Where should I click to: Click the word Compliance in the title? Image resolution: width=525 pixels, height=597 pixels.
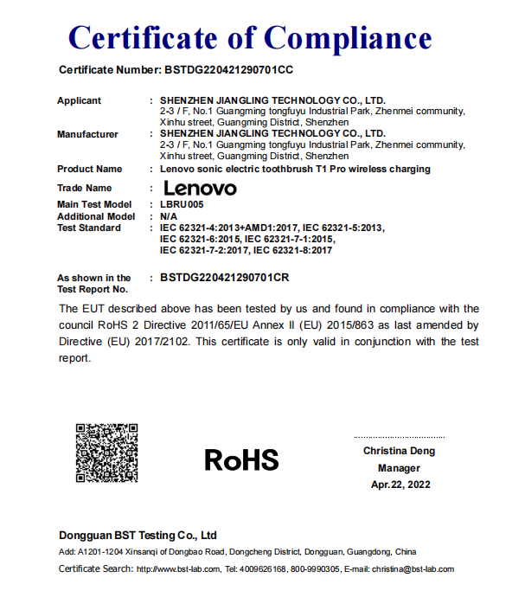click(348, 37)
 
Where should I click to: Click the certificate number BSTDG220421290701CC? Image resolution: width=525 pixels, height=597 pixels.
click(233, 69)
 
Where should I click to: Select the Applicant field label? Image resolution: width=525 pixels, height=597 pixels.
click(79, 100)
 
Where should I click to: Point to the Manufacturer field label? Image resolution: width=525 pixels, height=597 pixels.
click(87, 134)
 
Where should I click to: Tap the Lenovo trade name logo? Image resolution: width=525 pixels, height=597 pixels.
click(199, 187)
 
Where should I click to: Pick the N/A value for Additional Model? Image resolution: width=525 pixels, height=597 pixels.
click(170, 216)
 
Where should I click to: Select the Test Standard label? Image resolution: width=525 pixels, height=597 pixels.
click(88, 228)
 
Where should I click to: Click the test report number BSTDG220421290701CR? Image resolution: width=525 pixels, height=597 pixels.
click(225, 278)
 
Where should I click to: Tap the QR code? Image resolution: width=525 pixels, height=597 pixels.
click(106, 452)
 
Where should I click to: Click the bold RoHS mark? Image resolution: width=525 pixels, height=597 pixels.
click(241, 459)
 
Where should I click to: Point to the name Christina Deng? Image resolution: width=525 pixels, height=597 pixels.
click(399, 451)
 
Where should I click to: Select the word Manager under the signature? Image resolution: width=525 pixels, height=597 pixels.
click(399, 468)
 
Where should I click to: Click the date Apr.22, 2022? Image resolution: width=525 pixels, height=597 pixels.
click(400, 485)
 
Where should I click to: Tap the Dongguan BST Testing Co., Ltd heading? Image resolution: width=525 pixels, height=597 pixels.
click(138, 536)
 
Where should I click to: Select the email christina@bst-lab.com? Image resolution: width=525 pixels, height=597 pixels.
click(412, 568)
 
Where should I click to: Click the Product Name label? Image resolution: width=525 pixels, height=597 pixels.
click(89, 169)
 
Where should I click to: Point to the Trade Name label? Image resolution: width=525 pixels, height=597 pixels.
click(84, 188)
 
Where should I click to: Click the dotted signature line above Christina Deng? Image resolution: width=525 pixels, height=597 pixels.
click(399, 437)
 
